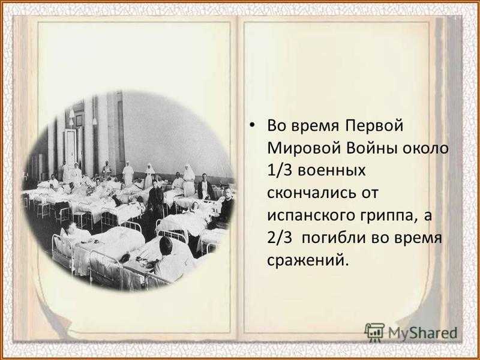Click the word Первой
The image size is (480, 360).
[x=374, y=126]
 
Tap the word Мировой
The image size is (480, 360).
[x=304, y=148]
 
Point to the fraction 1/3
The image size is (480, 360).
[x=280, y=171]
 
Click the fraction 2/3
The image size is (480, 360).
[x=280, y=238]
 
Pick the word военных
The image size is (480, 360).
[x=332, y=171]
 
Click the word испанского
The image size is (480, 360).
[x=309, y=216]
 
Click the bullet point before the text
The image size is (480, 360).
[x=252, y=126]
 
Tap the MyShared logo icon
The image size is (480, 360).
[x=374, y=332]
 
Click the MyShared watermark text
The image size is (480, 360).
[x=422, y=333]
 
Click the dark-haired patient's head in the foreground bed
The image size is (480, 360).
[x=166, y=245]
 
